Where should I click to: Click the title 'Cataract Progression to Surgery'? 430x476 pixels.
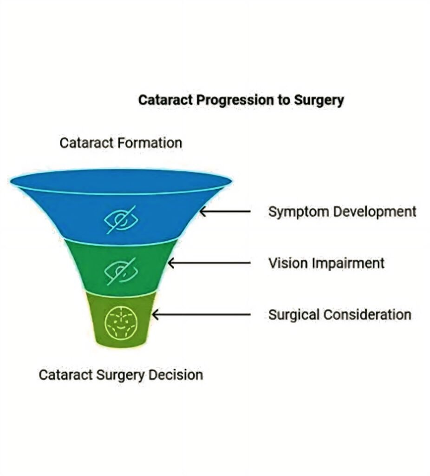click(241, 100)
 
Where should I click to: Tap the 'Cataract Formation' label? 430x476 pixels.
click(121, 143)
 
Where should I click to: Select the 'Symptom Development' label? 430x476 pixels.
click(342, 212)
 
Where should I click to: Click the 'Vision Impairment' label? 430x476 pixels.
click(326, 263)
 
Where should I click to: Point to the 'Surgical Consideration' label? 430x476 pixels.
click(339, 315)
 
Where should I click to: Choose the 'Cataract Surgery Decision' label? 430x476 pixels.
click(121, 375)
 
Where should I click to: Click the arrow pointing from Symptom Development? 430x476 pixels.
click(225, 212)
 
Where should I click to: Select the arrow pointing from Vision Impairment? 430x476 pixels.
click(209, 263)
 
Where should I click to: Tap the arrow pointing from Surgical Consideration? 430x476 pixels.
click(201, 315)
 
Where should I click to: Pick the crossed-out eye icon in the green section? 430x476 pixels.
click(120, 271)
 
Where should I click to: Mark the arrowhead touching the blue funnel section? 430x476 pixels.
click(202, 212)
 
